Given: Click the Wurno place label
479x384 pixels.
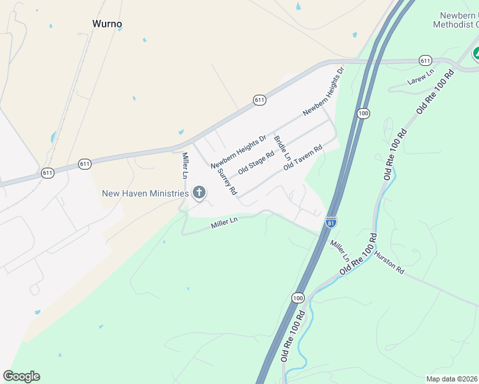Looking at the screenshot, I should tap(107, 24).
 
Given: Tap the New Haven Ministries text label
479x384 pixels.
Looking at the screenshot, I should tap(145, 193).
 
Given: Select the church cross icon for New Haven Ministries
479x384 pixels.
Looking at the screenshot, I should tap(199, 193).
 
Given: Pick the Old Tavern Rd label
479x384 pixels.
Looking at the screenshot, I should tap(302, 157).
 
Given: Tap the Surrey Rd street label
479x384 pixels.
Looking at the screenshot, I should tap(227, 182).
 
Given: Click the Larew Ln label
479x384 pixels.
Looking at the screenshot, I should tap(421, 77).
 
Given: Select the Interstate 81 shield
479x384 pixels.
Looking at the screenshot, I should tap(330, 222).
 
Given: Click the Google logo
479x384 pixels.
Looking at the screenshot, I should tap(21, 376).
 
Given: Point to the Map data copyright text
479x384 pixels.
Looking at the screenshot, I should tap(452, 379).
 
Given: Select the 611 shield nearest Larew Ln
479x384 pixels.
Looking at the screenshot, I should tap(426, 60).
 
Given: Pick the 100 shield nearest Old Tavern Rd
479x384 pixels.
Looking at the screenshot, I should tap(364, 113).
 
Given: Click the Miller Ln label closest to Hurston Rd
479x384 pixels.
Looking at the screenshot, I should tap(339, 251).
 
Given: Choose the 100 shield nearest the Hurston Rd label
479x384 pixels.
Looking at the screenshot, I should tap(298, 298).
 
